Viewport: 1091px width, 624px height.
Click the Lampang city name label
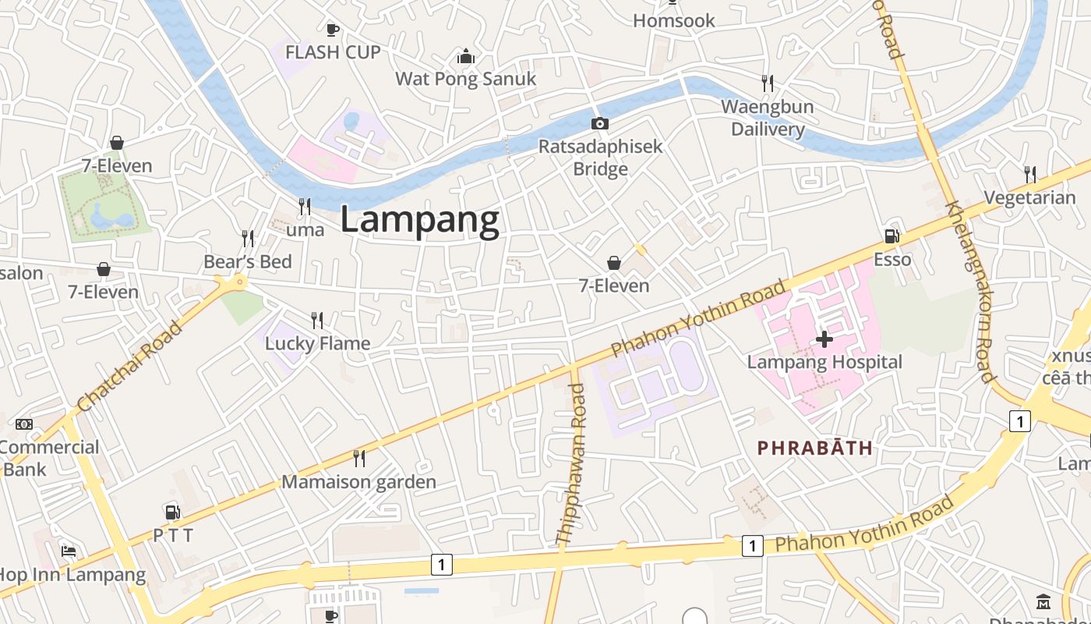419,221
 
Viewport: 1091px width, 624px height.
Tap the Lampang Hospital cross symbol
824,339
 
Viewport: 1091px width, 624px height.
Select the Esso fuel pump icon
892,236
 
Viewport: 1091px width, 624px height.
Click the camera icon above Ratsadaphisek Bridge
599,123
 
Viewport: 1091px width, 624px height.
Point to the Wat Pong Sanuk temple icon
466,56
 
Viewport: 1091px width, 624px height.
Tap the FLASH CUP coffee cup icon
333,30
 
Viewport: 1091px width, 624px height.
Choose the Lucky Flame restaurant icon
317,320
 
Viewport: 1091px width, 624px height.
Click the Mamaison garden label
358,482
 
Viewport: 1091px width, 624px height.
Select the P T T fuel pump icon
172,512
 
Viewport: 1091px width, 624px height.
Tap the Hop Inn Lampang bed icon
69,551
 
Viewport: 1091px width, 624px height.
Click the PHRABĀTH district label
814,448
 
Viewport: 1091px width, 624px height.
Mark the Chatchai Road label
130,366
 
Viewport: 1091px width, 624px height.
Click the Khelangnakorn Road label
969,292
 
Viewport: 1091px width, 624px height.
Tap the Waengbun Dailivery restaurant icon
768,83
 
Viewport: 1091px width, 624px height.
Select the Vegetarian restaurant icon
1029,173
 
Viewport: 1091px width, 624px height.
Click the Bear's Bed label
248,262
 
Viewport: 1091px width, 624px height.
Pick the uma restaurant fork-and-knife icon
305,206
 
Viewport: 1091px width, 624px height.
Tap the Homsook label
674,21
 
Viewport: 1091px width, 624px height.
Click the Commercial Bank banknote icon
24,424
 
